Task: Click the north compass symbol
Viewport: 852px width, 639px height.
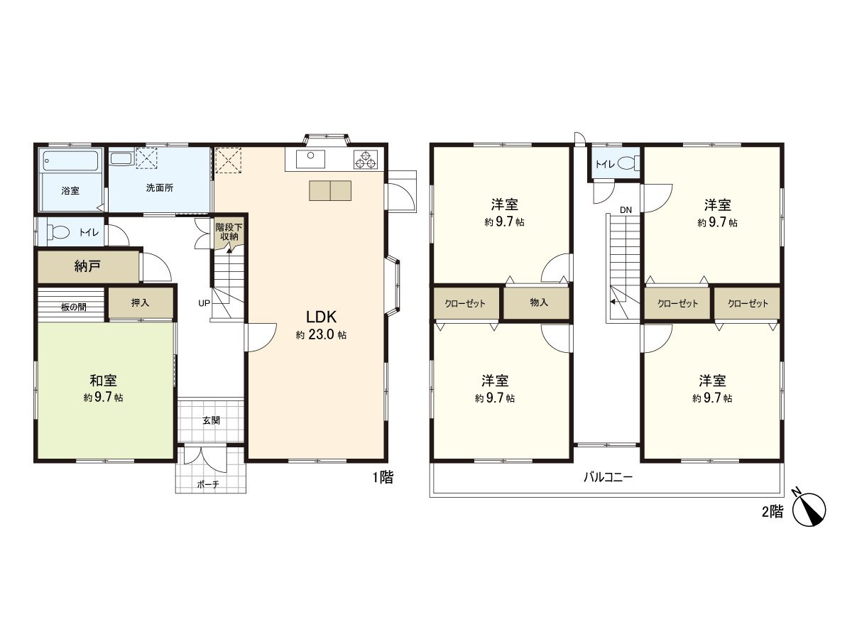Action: pos(809,508)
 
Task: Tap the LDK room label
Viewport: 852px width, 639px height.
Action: pos(321,317)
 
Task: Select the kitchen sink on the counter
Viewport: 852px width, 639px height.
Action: pos(310,157)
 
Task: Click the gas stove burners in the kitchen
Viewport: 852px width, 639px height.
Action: pos(366,160)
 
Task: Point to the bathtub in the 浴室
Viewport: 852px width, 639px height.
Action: pos(70,160)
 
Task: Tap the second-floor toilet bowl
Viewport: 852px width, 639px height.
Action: pos(626,164)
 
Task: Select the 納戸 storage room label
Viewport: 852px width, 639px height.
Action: pos(87,267)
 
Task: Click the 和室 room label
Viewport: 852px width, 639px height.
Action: pos(103,381)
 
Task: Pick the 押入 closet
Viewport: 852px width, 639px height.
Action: pos(141,303)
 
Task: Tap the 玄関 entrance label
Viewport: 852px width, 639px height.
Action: pos(211,420)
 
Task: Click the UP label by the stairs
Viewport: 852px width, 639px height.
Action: pos(204,303)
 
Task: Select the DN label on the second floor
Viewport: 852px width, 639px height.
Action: pos(626,209)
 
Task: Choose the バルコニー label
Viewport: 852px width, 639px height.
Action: pos(608,477)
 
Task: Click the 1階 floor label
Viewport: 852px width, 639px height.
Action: pos(383,478)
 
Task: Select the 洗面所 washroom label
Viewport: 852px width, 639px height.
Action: pos(160,189)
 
